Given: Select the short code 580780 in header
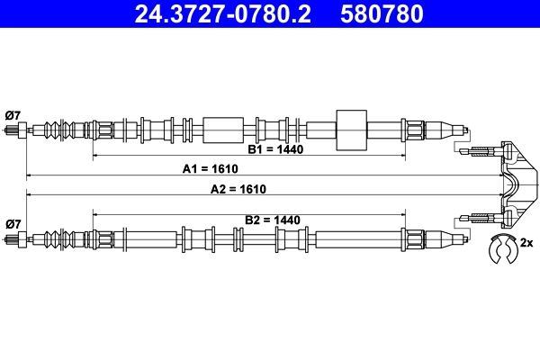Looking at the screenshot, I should (380, 14).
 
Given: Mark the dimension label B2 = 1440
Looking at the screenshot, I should (272, 219).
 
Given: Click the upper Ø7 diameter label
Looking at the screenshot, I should (13, 114).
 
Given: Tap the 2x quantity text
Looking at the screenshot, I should (526, 243).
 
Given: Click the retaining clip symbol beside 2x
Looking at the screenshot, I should (499, 249).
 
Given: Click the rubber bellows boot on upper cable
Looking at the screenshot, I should (60, 130).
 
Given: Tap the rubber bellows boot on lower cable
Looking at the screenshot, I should (60, 239).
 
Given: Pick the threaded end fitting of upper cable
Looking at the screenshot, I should (14, 130).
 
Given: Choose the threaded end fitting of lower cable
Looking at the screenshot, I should (14, 239).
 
